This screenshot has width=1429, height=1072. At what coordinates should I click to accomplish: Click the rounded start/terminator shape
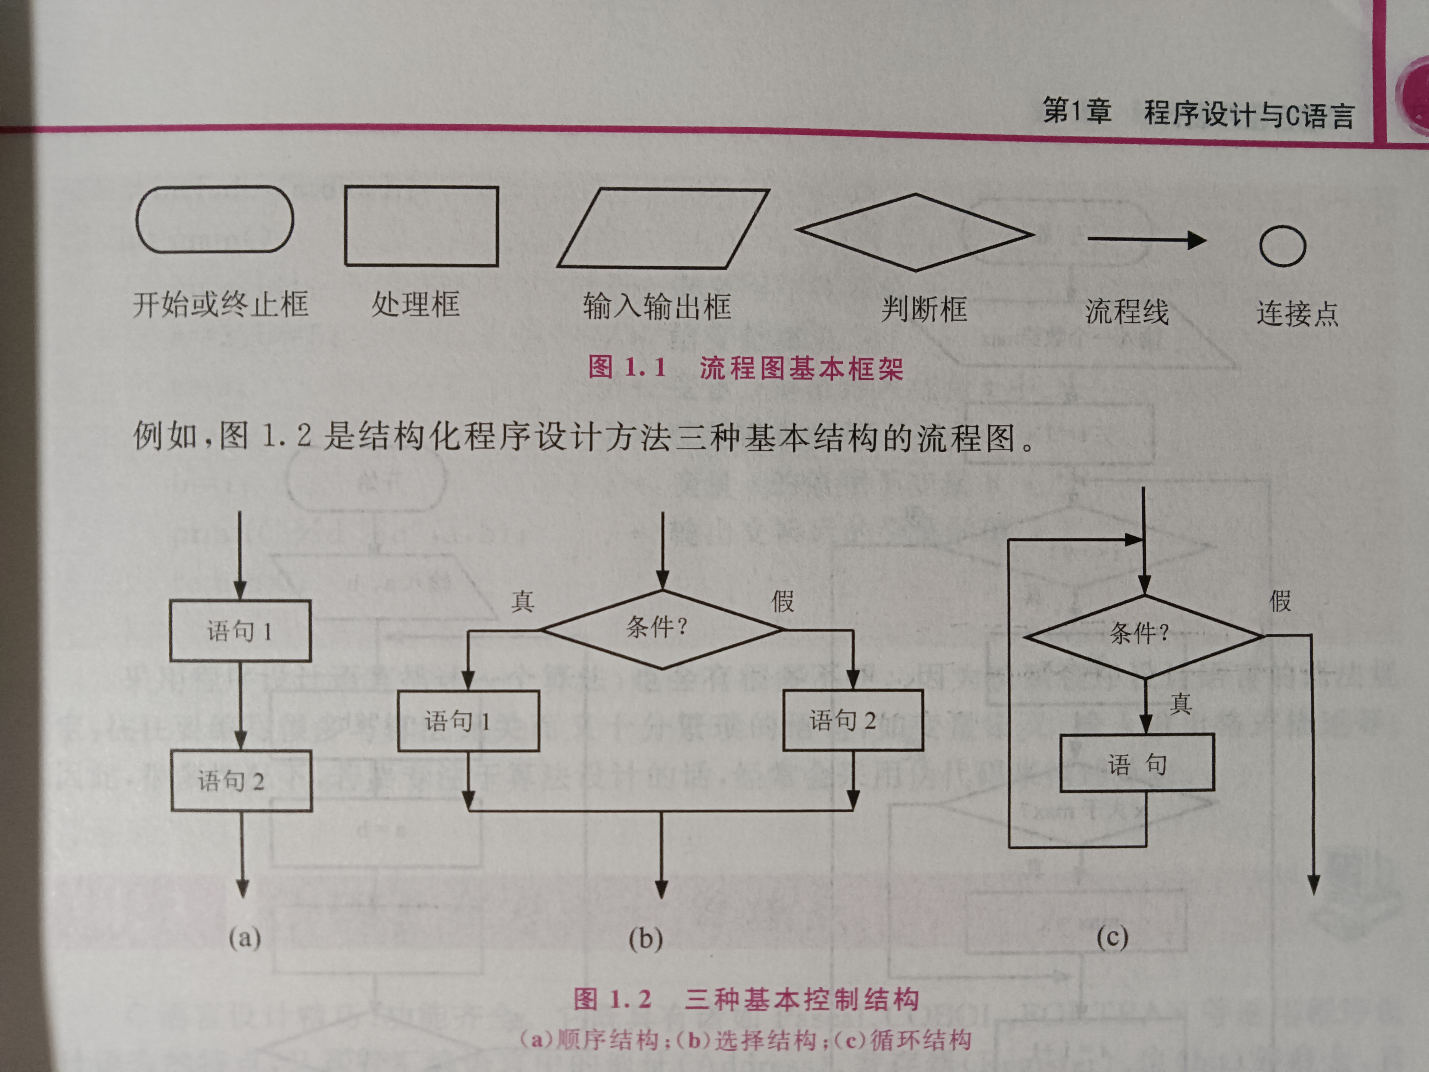coord(214,219)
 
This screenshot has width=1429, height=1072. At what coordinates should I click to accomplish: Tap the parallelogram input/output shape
coord(663,228)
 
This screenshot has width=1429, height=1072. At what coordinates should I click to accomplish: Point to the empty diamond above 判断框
coord(915,232)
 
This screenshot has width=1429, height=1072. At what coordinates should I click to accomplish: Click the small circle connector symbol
coord(1282,246)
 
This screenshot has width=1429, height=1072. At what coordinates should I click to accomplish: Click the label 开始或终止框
coord(220,304)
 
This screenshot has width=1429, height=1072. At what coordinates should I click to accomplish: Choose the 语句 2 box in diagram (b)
coord(853,720)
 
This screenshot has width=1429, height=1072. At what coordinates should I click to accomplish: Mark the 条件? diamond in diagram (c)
coord(1144,636)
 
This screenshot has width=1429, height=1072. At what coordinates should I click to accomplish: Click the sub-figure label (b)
coord(645,938)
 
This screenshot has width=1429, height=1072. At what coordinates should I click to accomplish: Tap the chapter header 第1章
coord(1077,111)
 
